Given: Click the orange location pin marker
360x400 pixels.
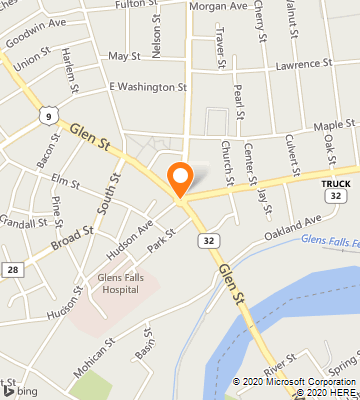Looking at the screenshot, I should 180,178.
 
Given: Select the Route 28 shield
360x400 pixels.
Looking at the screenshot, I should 11,270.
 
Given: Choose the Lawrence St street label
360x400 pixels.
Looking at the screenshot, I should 305,65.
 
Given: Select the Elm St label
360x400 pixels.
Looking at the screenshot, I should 66,183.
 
